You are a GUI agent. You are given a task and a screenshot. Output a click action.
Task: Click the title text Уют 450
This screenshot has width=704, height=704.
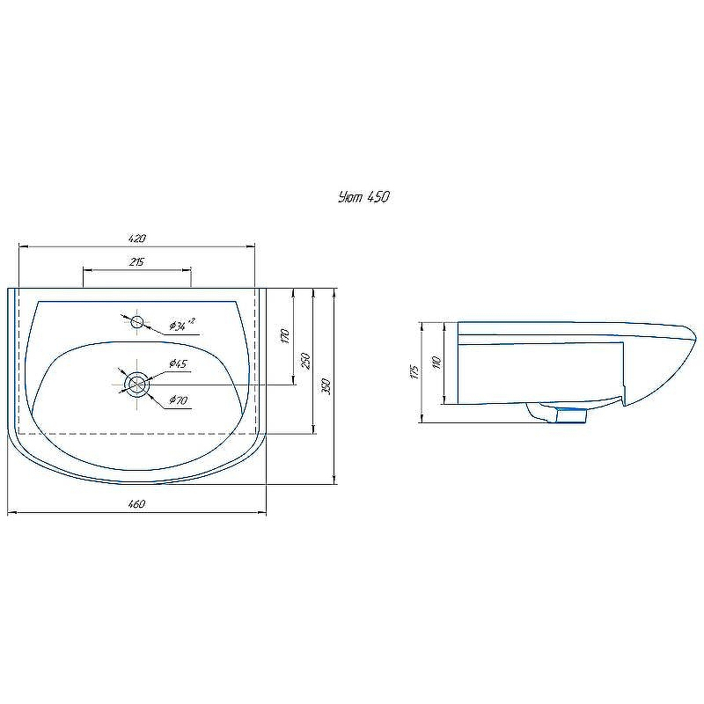[363, 196]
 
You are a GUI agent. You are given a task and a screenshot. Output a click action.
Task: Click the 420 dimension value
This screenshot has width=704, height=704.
[137, 238]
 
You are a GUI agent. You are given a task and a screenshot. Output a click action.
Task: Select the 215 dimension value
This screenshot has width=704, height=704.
[136, 261]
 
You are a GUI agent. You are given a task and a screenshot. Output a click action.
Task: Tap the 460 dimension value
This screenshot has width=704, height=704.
[136, 503]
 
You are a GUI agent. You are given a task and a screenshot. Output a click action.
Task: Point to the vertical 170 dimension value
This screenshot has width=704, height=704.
[284, 336]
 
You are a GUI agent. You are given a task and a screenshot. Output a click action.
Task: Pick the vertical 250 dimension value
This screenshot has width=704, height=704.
[305, 361]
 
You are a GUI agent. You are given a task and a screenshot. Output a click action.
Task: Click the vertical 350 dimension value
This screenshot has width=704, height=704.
[326, 386]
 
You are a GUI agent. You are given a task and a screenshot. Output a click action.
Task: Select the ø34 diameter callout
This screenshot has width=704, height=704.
[182, 325]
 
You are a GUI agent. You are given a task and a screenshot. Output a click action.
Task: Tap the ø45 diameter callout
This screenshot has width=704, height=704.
[179, 363]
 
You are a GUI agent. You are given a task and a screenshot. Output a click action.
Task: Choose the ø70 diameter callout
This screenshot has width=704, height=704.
[179, 400]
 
